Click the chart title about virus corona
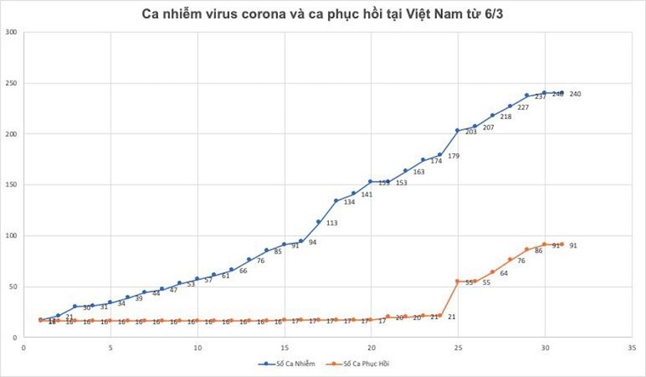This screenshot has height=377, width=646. (x=322, y=14)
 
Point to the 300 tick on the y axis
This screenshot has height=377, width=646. (x=11, y=32)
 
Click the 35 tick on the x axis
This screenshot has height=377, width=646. (x=632, y=347)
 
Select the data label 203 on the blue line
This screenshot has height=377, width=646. (x=471, y=132)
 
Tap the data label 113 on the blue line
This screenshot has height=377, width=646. (x=331, y=223)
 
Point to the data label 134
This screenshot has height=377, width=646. (x=349, y=203)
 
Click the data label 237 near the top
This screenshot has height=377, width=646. (x=540, y=97)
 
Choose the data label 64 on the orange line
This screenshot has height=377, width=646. (x=504, y=273)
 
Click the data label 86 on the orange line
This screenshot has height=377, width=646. (x=539, y=251)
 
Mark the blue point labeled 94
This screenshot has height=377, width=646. (x=301, y=241)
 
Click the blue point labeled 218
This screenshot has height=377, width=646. (x=492, y=115)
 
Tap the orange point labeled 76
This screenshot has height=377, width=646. (x=510, y=260)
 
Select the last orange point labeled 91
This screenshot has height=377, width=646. (x=562, y=244)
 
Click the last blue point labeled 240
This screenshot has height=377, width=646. (x=562, y=93)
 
